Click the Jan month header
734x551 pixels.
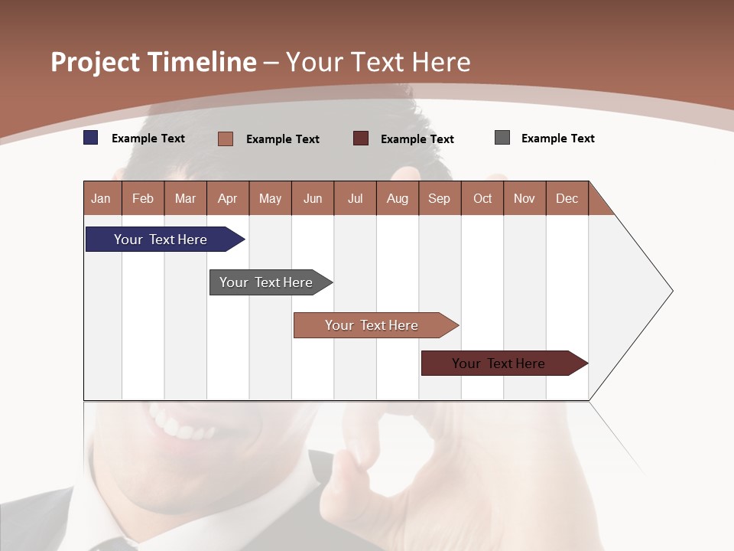[x=101, y=198]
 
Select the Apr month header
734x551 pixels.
[x=227, y=198]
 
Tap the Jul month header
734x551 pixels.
[x=355, y=198]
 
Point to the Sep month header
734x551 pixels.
[x=439, y=198]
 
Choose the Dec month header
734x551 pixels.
[x=567, y=198]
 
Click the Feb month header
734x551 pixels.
[x=143, y=198]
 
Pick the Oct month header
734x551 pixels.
[x=482, y=198]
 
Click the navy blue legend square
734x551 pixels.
[x=91, y=138]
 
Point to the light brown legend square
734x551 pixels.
[x=226, y=139]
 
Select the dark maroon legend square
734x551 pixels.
[x=361, y=138]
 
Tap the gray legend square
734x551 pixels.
[x=502, y=138]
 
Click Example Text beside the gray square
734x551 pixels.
[x=557, y=139]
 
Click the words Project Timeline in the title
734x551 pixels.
[x=154, y=62]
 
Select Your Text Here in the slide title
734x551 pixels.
[x=378, y=62]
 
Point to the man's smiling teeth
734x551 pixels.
[x=180, y=425]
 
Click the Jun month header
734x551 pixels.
[x=313, y=198]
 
